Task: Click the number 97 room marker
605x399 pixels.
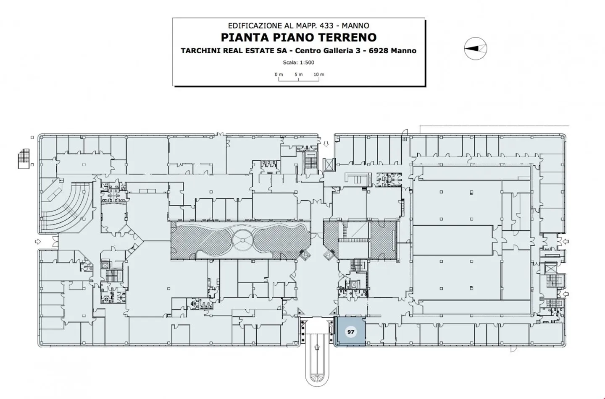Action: click(x=350, y=332)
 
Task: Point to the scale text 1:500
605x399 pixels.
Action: click(x=307, y=63)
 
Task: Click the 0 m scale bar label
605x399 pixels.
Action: click(x=279, y=74)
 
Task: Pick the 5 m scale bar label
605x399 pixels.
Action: click(x=299, y=74)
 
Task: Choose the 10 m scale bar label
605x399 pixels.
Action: click(x=319, y=74)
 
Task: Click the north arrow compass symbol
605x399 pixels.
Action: click(x=475, y=49)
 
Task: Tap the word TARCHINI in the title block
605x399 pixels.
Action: click(x=200, y=51)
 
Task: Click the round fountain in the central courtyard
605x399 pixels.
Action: click(x=242, y=240)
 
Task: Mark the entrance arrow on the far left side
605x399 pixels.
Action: click(x=38, y=241)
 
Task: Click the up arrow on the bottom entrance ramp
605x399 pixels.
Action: click(x=317, y=347)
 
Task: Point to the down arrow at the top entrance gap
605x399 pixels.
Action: click(x=326, y=144)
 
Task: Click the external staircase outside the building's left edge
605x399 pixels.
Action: click(x=24, y=159)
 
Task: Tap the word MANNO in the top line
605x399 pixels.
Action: click(x=355, y=26)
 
